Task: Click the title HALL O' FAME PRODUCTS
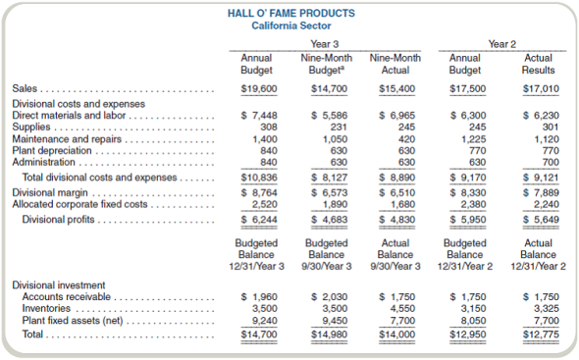[x=289, y=13]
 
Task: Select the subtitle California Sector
[x=289, y=26]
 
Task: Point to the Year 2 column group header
[x=501, y=44]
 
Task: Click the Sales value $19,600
[x=257, y=89]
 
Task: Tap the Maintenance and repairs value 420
[x=401, y=139]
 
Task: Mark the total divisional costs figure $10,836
[x=257, y=178]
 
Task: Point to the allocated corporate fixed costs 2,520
[x=261, y=204]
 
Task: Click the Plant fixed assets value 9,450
[x=331, y=320]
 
